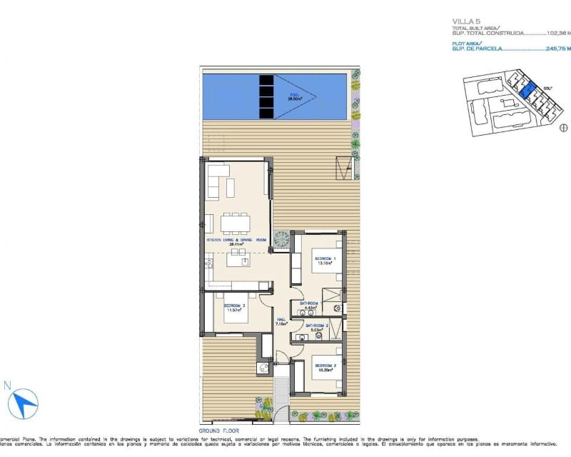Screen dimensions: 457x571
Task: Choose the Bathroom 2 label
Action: [316, 326]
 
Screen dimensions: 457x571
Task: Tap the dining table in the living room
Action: [235, 224]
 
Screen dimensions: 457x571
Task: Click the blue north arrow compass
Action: [25, 403]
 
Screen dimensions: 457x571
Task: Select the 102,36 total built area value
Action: [556, 33]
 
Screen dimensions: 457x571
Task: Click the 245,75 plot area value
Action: [556, 49]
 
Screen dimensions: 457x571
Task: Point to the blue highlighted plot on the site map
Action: [527, 91]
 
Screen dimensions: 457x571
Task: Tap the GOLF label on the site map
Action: [547, 89]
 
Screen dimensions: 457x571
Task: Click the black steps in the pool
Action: [266, 96]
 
